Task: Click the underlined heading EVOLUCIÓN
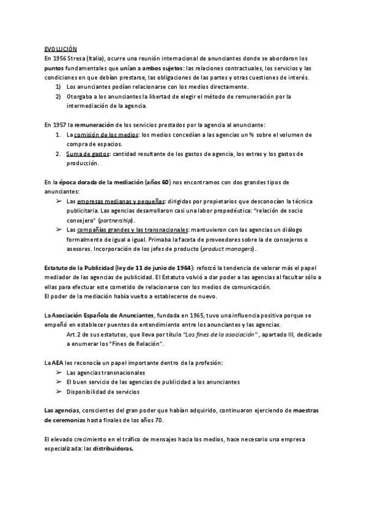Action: tap(61, 48)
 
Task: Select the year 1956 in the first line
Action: tap(60, 58)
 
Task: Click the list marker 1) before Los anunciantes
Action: tap(59, 87)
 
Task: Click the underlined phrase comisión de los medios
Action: tap(101, 134)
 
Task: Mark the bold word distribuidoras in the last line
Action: tap(113, 449)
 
